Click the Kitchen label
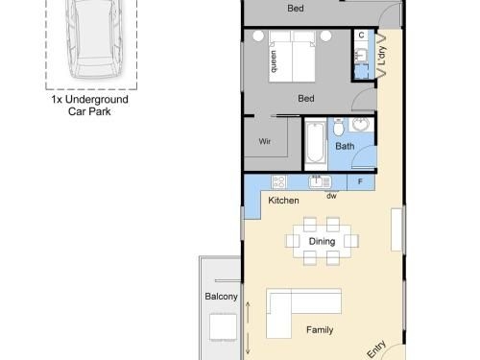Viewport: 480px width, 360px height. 283,201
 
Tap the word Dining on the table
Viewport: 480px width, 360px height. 322,241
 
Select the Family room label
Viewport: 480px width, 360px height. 320,329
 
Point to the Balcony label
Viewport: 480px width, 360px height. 221,297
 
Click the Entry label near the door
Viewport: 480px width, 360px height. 376,349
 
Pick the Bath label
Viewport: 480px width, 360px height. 345,146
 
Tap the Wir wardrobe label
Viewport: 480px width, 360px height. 265,141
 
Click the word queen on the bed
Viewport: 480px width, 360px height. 274,61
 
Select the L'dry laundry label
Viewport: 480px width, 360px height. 382,56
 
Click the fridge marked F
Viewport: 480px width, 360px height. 361,182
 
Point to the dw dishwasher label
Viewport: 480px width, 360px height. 331,196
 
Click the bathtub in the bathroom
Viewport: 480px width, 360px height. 315,144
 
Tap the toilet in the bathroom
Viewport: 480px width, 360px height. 338,127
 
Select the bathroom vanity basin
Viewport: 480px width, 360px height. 361,125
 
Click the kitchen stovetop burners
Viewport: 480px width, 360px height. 278,181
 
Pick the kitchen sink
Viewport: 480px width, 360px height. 320,181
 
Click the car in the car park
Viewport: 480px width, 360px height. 94,38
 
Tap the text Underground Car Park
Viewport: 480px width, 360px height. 89,106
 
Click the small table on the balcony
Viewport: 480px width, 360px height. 224,327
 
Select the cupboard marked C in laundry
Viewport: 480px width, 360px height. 361,35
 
